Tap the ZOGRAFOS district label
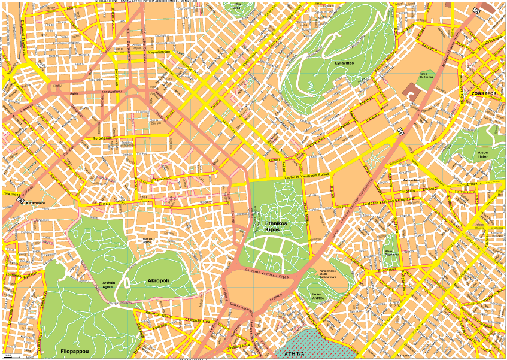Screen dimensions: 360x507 (485, 94)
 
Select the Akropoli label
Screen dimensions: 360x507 (158, 280)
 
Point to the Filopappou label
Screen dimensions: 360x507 (75, 350)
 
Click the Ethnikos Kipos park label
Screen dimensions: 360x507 (276, 226)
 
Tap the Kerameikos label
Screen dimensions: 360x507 (37, 202)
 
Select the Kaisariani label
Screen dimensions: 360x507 (411, 180)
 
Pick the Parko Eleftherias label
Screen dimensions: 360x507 (426, 76)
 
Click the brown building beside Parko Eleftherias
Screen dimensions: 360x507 (412, 90)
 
